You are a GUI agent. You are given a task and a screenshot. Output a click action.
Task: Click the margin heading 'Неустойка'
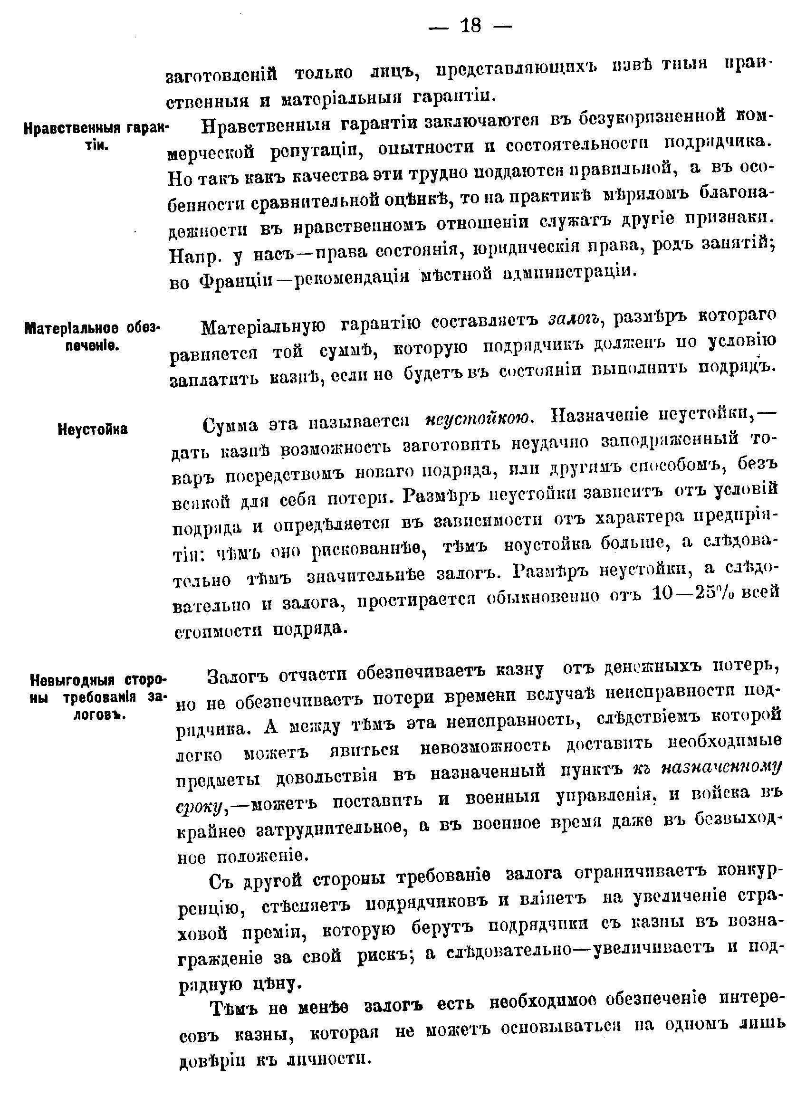93,429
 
